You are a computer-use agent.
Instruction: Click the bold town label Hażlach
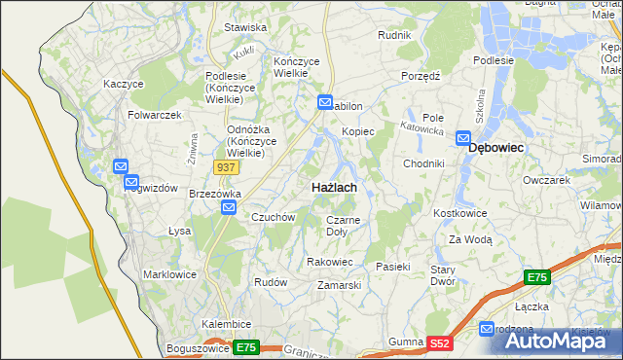pos(333,186)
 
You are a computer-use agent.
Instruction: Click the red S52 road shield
pos(441,343)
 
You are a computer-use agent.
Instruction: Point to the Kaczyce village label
pos(124,84)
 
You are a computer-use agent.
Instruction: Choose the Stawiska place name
pos(245,28)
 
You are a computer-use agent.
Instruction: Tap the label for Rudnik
pos(395,35)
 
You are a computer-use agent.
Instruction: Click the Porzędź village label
pos(421,75)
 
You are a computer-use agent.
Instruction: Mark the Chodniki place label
pos(423,163)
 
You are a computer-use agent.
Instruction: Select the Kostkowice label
pos(458,212)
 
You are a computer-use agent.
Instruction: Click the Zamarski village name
pos(340,286)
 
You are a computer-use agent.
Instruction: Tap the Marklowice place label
pos(169,274)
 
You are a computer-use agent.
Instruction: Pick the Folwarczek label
pos(155,115)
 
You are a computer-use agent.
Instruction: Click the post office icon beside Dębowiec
pos(463,138)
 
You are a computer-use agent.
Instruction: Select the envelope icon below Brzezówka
pos(228,207)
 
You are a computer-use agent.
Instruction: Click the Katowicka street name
pos(422,127)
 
